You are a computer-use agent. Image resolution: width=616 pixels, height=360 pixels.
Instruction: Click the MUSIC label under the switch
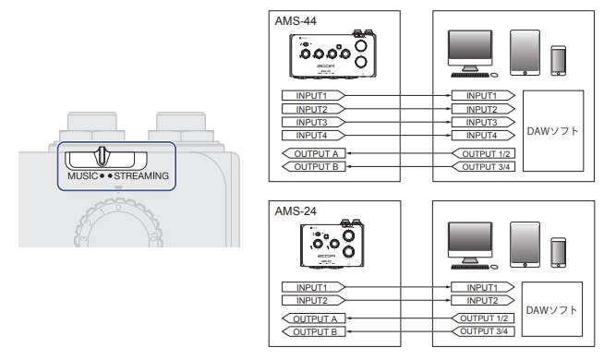(x=82, y=176)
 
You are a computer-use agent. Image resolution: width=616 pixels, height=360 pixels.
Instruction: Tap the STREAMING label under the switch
(x=141, y=176)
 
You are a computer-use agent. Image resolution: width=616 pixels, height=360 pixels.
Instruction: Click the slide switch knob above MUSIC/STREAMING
(x=102, y=156)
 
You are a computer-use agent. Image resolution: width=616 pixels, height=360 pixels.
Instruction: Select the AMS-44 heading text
(x=296, y=21)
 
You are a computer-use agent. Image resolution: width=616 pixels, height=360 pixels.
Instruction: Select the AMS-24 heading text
(x=296, y=211)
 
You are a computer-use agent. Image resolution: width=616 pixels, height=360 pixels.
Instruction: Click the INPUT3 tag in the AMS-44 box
(x=313, y=123)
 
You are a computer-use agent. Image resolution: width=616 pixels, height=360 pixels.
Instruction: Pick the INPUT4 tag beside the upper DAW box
(x=483, y=136)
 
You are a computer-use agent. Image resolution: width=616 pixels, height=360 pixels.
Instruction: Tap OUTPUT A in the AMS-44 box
(x=314, y=153)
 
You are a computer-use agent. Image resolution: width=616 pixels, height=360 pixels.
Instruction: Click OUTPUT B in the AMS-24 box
(x=314, y=331)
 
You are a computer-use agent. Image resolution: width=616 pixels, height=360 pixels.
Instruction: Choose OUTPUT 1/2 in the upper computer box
(x=484, y=153)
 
